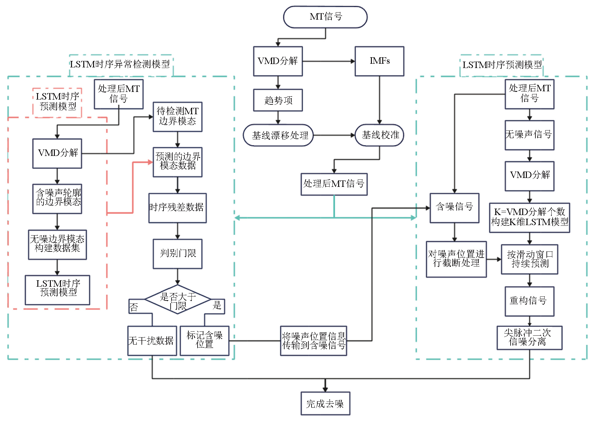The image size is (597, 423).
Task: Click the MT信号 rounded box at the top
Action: pyautogui.click(x=325, y=17)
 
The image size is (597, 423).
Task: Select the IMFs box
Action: pyautogui.click(x=380, y=61)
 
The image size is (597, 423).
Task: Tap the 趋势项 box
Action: pyautogui.click(x=278, y=100)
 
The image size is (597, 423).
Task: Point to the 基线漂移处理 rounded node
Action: pyautogui.click(x=278, y=135)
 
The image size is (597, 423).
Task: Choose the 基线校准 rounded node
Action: pyautogui.click(x=380, y=135)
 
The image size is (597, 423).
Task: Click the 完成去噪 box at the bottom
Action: pyautogui.click(x=325, y=403)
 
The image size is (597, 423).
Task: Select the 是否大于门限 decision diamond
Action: pyautogui.click(x=178, y=300)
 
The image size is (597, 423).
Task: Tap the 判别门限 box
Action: pyautogui.click(x=178, y=254)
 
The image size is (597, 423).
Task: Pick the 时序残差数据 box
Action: pyautogui.click(x=178, y=208)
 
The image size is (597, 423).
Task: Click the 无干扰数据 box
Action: pyautogui.click(x=152, y=341)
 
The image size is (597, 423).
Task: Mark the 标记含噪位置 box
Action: pyautogui.click(x=205, y=341)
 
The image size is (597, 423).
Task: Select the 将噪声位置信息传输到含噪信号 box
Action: pyautogui.click(x=314, y=341)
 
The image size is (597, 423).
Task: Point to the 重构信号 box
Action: pyautogui.click(x=530, y=301)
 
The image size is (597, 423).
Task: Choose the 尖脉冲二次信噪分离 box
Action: pyautogui.click(x=530, y=338)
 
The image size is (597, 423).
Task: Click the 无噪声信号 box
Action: pyautogui.click(x=530, y=135)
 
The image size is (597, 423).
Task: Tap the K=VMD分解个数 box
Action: pyautogui.click(x=530, y=217)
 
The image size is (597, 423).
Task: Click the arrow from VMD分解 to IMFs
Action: pyautogui.click(x=329, y=61)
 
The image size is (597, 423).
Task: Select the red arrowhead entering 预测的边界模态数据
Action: pyautogui.click(x=150, y=162)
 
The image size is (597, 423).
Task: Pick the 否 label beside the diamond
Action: pyautogui.click(x=134, y=307)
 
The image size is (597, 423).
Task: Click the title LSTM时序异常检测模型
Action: pyautogui.click(x=120, y=64)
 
